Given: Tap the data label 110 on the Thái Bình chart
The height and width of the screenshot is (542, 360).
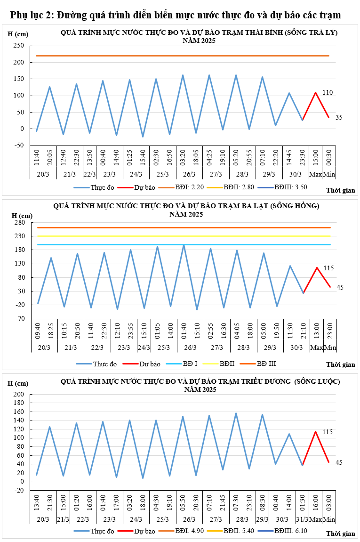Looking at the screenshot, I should pyautogui.click(x=328, y=93).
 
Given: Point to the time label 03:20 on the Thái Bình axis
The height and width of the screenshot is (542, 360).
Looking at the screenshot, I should pyautogui.click(x=183, y=158).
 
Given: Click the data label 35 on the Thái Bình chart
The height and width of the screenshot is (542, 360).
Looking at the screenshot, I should pyautogui.click(x=339, y=117).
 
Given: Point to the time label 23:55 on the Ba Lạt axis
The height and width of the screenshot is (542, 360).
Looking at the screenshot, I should pyautogui.click(x=130, y=333).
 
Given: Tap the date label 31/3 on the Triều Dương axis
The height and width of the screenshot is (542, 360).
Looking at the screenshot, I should pyautogui.click(x=303, y=519).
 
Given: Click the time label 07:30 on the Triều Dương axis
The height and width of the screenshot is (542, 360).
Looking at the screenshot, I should pyautogui.click(x=236, y=502).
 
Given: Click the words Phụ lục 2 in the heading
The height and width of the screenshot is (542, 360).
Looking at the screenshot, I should pyautogui.click(x=30, y=15).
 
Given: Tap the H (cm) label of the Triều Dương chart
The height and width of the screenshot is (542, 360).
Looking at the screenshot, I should pyautogui.click(x=18, y=383).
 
